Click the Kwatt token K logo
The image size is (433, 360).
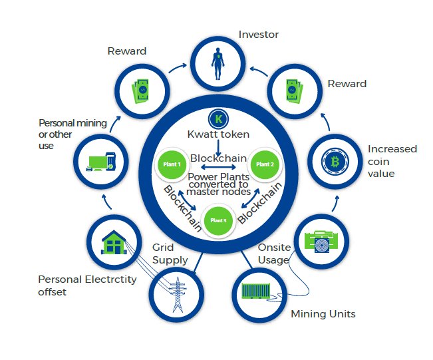218,120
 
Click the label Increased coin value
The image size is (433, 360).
392,161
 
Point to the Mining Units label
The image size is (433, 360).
323,313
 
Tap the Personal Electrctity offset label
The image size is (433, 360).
87,285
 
